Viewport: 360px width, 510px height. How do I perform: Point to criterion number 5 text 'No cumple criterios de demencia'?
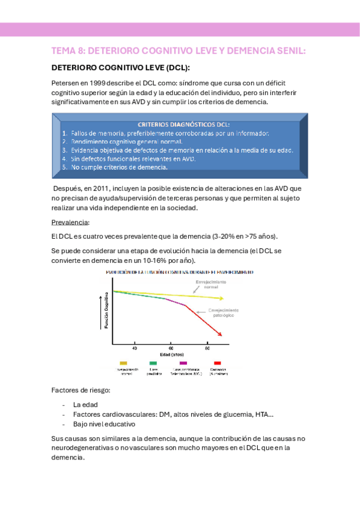coord(119,167)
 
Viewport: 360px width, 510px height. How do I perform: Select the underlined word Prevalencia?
coord(70,222)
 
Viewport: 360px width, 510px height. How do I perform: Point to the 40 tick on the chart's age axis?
coord(134,348)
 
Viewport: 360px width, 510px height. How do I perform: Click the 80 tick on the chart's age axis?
coord(208,348)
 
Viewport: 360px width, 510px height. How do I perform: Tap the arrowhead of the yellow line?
coord(222,298)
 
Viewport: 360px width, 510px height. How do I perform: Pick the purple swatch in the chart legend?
coord(182,363)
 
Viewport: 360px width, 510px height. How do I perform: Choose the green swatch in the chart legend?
coord(153,363)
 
